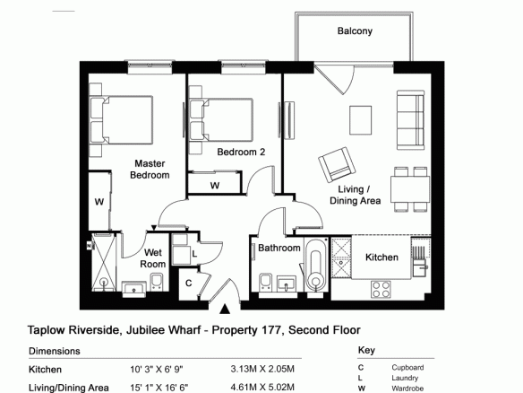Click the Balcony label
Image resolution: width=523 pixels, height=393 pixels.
point(355,31)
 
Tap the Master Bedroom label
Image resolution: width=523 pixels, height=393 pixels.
point(150,169)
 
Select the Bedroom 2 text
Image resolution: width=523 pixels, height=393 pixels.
point(241,152)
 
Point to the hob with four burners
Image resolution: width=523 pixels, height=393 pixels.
point(381,290)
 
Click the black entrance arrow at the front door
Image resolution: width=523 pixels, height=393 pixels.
point(225,309)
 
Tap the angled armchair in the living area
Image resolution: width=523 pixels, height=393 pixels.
point(338,165)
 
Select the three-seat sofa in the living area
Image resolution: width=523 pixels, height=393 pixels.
point(410,120)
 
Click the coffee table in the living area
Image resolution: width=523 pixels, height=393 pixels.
point(360,120)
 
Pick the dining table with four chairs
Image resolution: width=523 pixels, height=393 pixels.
point(410,189)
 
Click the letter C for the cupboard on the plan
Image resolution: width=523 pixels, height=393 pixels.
point(188,284)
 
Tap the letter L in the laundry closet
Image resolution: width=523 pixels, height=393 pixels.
point(194,254)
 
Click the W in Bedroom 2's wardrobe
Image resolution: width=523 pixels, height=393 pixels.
point(215,186)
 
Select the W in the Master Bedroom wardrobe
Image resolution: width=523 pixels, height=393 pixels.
point(99,202)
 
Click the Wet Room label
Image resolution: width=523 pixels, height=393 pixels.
point(153,258)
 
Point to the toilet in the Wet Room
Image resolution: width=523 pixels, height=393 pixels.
point(157,282)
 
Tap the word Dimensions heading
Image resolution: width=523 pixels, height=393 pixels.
point(55,351)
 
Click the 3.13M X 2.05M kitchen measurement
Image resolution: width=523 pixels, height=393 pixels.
point(262,370)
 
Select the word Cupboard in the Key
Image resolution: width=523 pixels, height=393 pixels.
point(407,368)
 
